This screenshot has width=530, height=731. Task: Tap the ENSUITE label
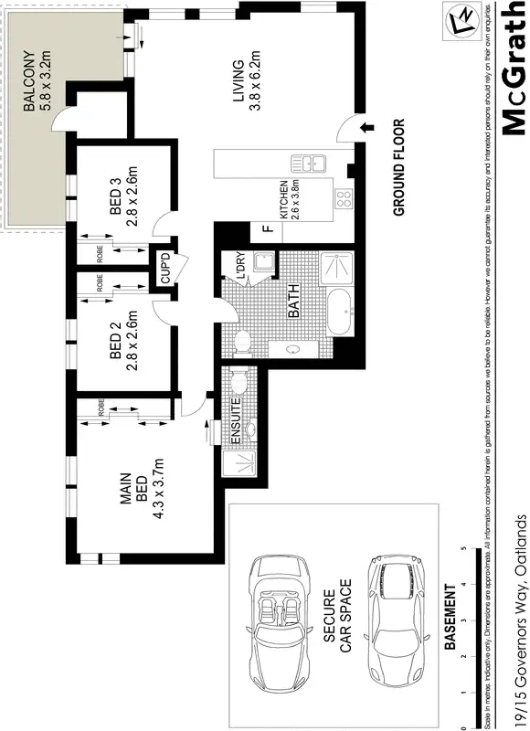pyautogui.click(x=236, y=421)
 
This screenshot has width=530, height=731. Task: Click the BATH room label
pyautogui.click(x=293, y=301)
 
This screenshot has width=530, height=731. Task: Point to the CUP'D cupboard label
pyautogui.click(x=165, y=267)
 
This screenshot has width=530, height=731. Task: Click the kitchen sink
pyautogui.click(x=310, y=164)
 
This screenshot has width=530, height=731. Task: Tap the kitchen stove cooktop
pyautogui.click(x=344, y=199)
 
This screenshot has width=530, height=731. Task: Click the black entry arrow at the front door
pyautogui.click(x=368, y=128)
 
